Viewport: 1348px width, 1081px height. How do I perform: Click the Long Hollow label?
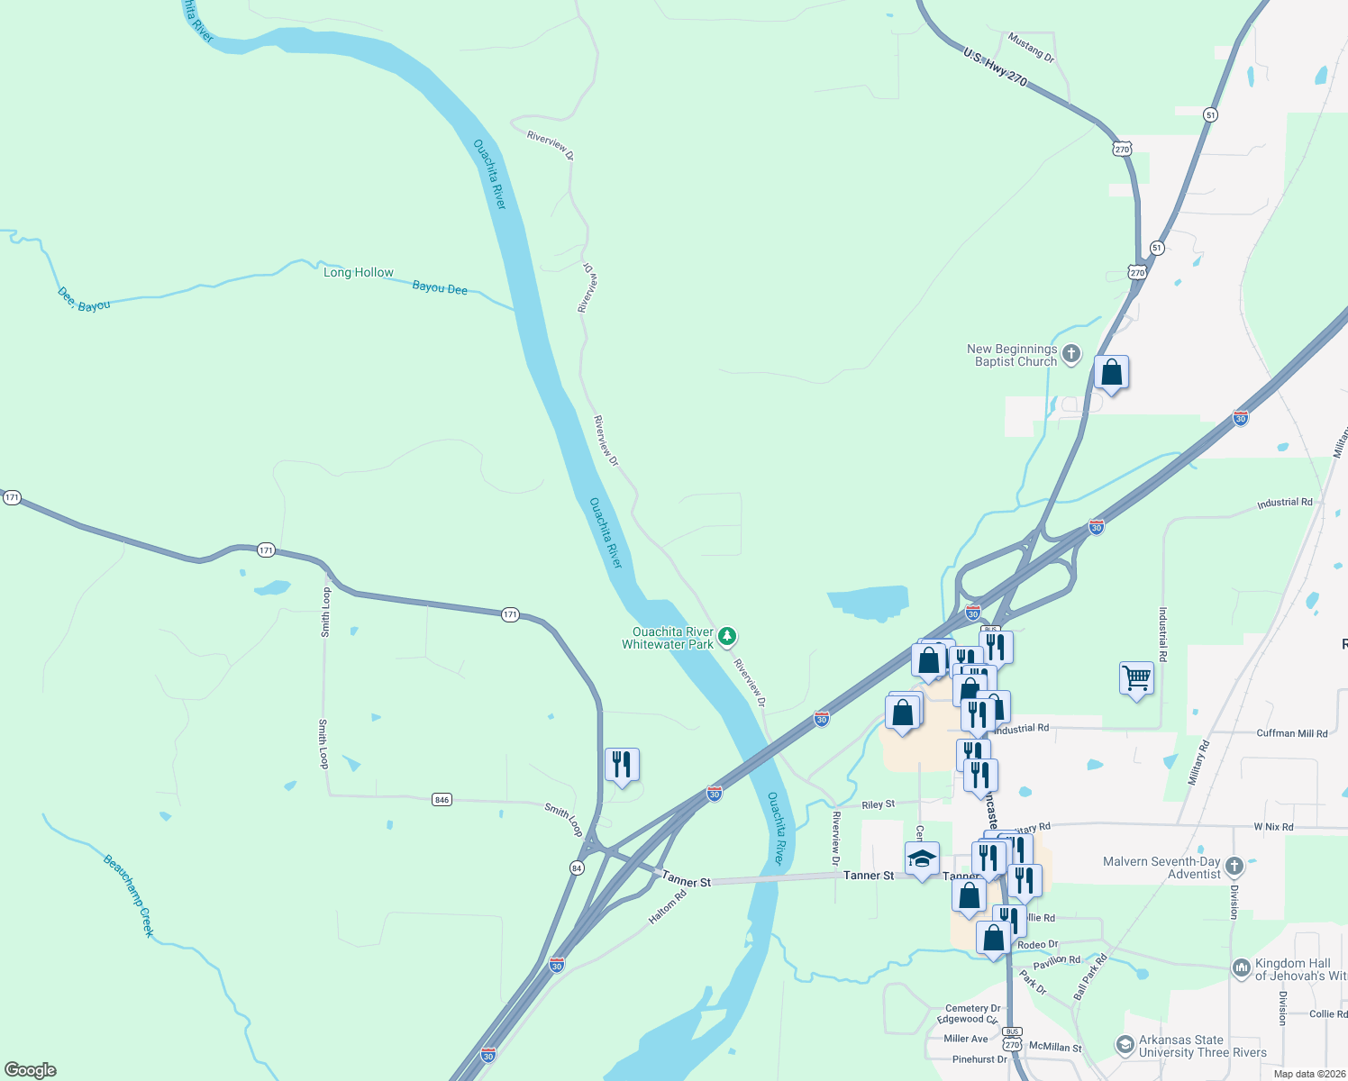(358, 272)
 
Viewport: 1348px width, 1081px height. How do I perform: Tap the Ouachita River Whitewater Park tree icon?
(728, 637)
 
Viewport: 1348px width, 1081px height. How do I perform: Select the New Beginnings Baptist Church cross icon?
(1071, 354)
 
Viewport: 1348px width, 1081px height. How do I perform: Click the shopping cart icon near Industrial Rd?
(1136, 677)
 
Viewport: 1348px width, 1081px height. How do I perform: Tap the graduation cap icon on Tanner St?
(922, 858)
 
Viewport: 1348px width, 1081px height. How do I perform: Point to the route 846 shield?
(442, 800)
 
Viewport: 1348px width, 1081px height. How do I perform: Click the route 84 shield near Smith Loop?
(577, 868)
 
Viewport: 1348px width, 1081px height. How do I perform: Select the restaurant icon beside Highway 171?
(622, 765)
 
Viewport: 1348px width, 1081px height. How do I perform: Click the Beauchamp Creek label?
(129, 895)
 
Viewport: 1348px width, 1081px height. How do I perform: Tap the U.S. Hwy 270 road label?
(995, 68)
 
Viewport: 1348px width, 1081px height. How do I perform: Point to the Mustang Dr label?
(1031, 47)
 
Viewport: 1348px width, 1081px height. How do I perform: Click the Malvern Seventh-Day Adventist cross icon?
(1234, 868)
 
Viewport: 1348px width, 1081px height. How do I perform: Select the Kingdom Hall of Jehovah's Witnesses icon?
(1242, 968)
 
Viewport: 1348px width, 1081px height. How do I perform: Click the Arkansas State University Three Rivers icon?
(1125, 1045)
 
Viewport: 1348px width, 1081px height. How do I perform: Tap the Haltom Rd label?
(668, 907)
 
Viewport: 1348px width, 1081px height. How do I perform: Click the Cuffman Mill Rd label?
(1291, 733)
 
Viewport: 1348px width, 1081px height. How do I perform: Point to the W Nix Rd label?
(1273, 827)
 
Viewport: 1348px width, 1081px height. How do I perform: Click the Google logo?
(31, 1070)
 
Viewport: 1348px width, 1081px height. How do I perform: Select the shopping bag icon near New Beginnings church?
(1111, 372)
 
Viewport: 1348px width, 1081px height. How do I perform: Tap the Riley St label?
(878, 804)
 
